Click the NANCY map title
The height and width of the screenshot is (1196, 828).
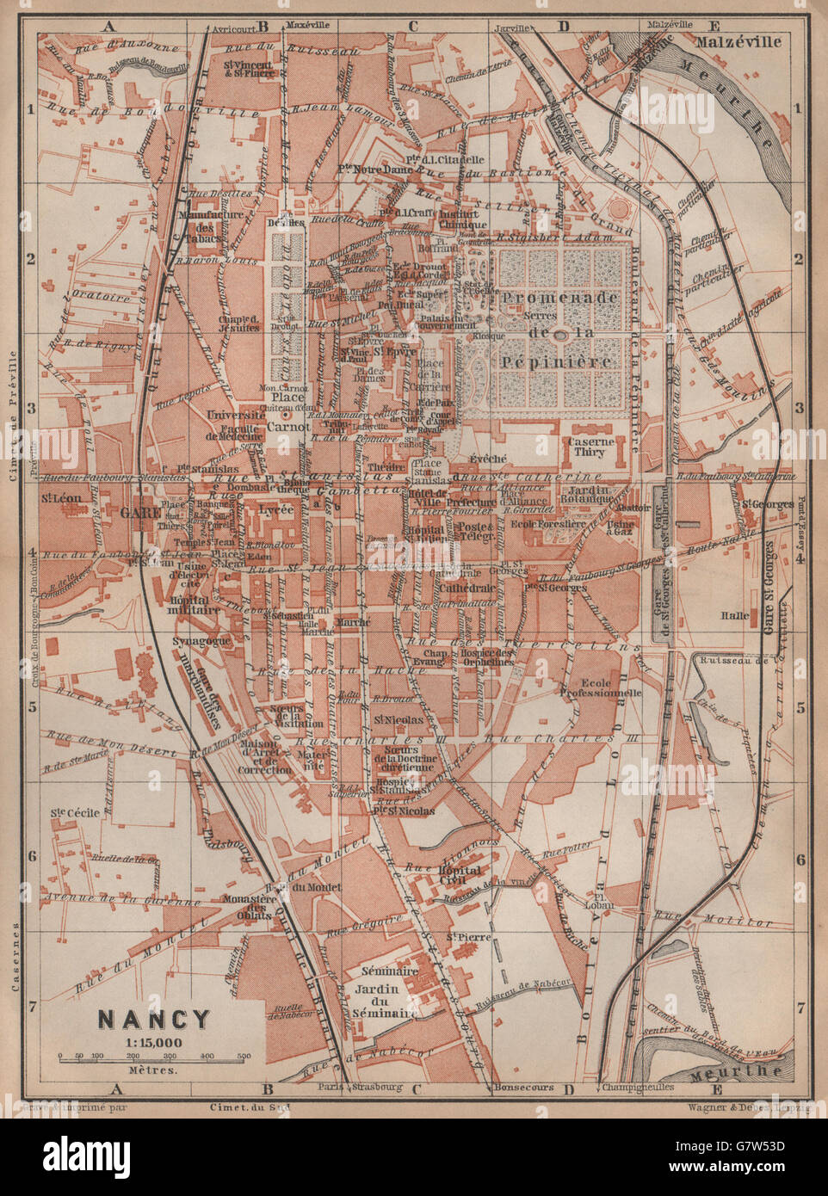click(x=153, y=1019)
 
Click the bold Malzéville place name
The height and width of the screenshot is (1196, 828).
click(x=739, y=40)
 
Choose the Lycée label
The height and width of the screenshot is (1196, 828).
click(x=275, y=509)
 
